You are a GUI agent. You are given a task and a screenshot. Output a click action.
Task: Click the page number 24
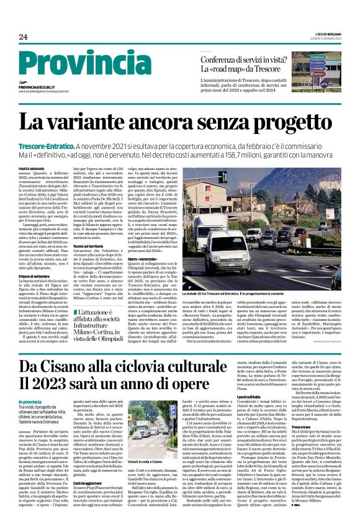pos(23,37)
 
